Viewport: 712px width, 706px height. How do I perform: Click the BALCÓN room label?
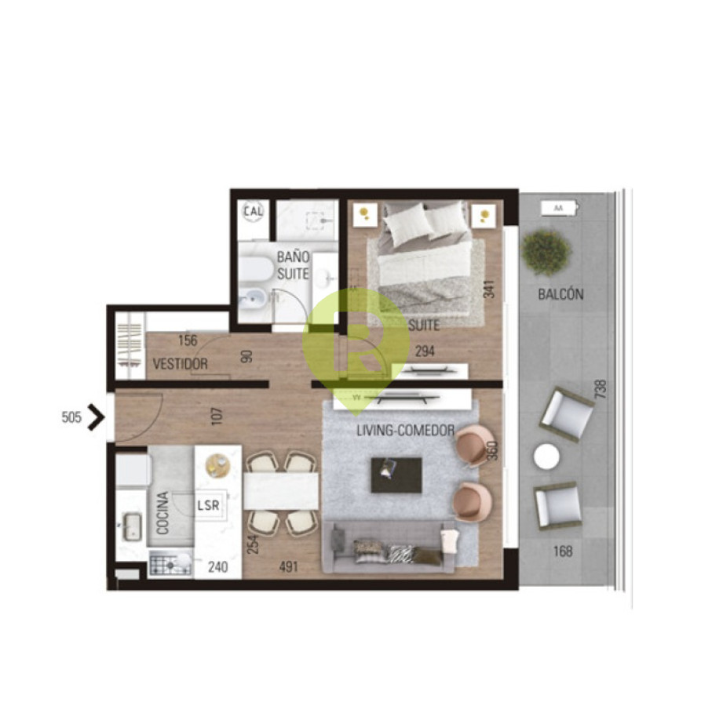(x=560, y=294)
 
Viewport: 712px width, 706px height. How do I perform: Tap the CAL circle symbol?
(x=253, y=211)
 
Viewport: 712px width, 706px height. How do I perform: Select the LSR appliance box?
(x=209, y=505)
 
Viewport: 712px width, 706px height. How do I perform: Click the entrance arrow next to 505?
(x=95, y=417)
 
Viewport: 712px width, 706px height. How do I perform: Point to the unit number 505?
(x=71, y=417)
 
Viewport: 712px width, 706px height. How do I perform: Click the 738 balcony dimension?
(x=601, y=389)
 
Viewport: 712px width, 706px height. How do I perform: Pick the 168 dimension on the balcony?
(x=563, y=551)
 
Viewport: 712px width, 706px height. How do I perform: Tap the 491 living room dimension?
(x=289, y=566)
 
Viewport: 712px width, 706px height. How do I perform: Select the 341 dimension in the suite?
(x=489, y=289)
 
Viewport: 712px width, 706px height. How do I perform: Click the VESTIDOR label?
(x=181, y=364)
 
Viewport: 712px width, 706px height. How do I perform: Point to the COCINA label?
(x=162, y=513)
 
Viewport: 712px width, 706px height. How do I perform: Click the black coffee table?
(x=396, y=475)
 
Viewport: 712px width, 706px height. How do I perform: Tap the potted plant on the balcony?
(x=546, y=253)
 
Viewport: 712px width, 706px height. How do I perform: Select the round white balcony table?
(x=546, y=457)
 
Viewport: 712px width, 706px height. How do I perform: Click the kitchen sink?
(x=131, y=527)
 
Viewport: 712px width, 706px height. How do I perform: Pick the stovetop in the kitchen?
(x=170, y=563)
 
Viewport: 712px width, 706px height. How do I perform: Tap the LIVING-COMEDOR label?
(x=405, y=430)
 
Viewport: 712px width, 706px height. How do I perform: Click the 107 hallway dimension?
(x=217, y=416)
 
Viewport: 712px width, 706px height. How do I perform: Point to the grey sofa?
(x=389, y=548)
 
